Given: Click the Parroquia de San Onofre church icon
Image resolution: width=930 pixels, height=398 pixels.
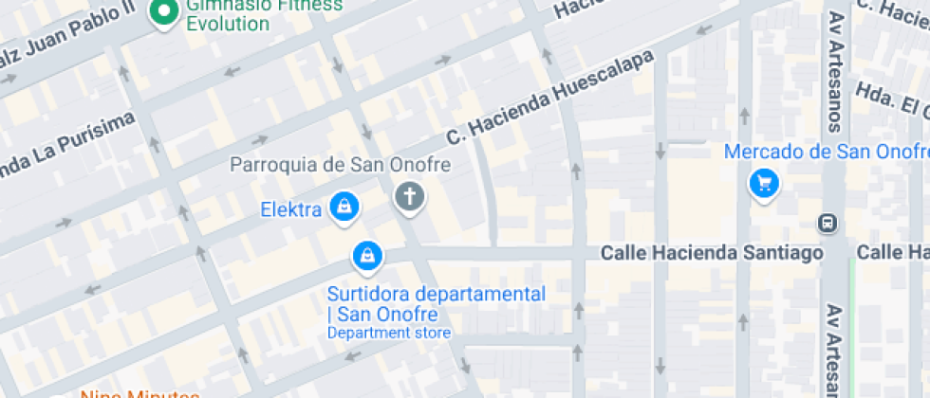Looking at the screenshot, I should [x=409, y=198].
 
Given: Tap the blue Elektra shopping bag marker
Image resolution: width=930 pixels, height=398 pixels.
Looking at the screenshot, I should [x=343, y=208].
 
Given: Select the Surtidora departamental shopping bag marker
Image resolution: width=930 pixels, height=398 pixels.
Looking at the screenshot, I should [x=366, y=254].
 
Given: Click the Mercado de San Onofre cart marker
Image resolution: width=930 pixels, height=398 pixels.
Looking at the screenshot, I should [x=764, y=183].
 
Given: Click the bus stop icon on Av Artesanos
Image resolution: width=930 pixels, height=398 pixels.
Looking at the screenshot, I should [x=827, y=223].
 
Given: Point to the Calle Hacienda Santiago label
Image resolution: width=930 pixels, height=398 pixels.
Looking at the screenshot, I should [x=712, y=253].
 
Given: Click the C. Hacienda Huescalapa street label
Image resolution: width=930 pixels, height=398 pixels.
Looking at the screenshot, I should [x=550, y=99].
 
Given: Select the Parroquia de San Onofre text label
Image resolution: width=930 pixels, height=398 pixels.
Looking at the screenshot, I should [x=340, y=165].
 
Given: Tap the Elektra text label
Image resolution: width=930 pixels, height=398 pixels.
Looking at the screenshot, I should [x=291, y=209].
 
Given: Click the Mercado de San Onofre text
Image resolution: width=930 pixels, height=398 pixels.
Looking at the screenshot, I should [x=824, y=152].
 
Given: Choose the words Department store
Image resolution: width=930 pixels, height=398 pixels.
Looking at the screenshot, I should [x=388, y=333].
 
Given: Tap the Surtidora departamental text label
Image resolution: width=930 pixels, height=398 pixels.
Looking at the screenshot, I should [x=437, y=294].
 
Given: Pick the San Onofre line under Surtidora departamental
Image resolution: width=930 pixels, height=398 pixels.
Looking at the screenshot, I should [x=382, y=314].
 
